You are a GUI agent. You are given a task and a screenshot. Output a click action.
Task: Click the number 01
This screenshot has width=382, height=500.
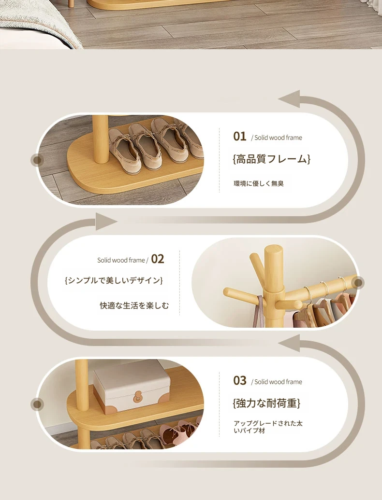pos(239,137)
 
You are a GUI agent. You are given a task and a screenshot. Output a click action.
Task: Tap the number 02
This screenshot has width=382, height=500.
pos(158,259)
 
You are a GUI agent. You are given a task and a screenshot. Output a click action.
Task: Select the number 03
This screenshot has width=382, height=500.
pos(239,380)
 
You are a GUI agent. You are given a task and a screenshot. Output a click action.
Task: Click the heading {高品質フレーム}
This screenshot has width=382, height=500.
pos(271,159)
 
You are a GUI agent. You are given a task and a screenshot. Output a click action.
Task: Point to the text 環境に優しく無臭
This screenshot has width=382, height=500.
pos(259,184)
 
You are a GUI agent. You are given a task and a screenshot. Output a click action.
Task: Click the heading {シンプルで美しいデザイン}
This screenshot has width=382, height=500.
pos(114,280)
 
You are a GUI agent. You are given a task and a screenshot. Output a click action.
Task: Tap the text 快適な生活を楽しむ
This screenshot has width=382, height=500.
pos(134,306)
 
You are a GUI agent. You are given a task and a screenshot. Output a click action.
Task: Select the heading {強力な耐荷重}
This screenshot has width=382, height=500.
pos(266,403)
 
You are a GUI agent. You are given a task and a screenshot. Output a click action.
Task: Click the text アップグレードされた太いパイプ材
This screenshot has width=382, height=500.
pos(268,427)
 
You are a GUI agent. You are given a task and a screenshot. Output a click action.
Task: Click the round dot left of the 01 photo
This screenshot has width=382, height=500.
pos(37,160)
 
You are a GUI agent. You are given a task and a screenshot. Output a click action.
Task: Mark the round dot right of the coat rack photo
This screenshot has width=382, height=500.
pos(358,282)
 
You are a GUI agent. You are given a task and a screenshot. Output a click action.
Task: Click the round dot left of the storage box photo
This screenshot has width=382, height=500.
pos(37,404)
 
